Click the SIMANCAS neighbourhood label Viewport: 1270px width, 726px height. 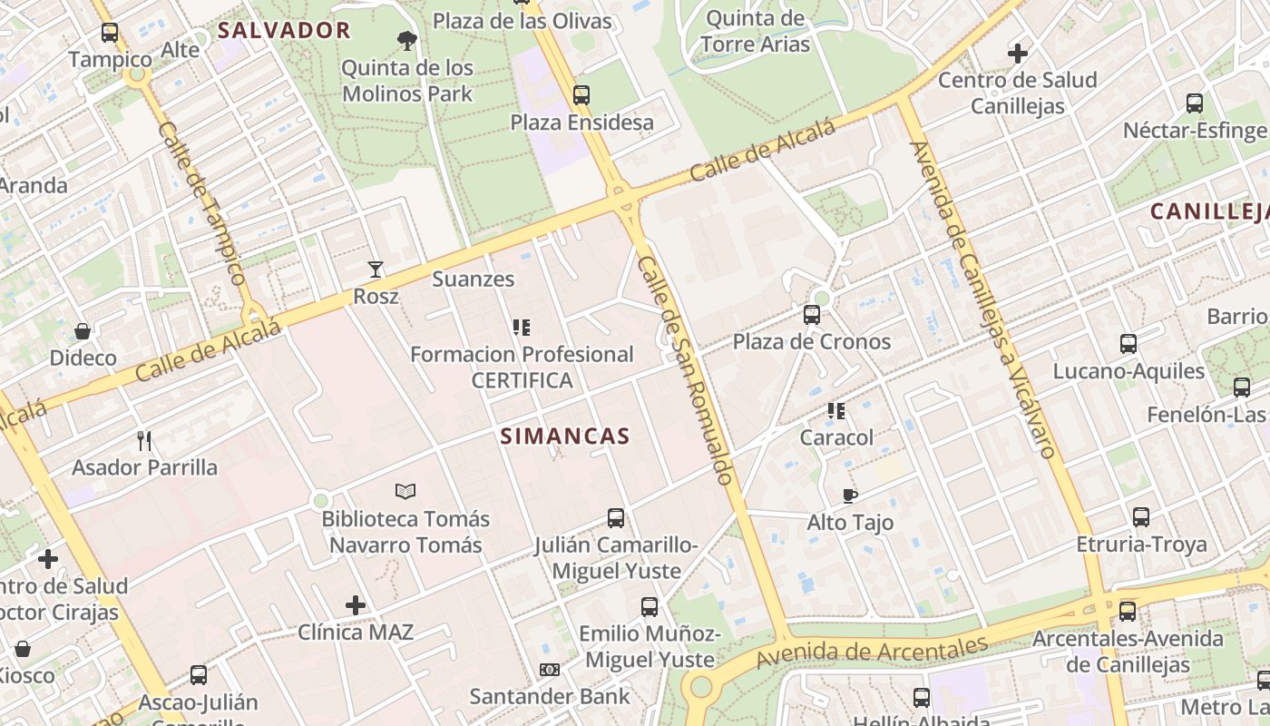click(x=565, y=437)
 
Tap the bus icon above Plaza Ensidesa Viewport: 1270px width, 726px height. click(x=581, y=95)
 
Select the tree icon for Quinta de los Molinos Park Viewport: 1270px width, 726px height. click(x=407, y=40)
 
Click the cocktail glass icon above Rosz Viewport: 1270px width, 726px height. click(x=376, y=270)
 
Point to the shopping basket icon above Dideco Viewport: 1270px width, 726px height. click(x=83, y=331)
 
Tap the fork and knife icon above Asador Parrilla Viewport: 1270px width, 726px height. click(x=144, y=441)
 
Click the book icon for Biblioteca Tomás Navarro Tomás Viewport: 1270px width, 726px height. click(x=405, y=492)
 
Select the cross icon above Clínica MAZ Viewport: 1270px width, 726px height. click(x=356, y=604)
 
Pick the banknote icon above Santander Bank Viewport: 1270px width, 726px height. click(x=549, y=670)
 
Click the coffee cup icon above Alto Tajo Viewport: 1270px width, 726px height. click(x=850, y=495)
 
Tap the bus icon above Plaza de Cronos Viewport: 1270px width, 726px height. click(x=812, y=315)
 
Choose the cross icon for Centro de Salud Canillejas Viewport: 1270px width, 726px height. click(x=1017, y=54)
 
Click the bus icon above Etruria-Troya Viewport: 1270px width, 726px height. click(x=1141, y=517)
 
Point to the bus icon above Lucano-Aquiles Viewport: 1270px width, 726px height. click(x=1128, y=344)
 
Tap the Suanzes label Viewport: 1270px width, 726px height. click(x=473, y=279)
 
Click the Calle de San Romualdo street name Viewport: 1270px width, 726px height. click(x=685, y=369)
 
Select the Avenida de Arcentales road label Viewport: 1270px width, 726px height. click(x=871, y=651)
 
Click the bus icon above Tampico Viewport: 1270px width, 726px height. click(x=110, y=34)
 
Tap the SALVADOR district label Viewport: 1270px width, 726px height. click(x=284, y=30)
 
